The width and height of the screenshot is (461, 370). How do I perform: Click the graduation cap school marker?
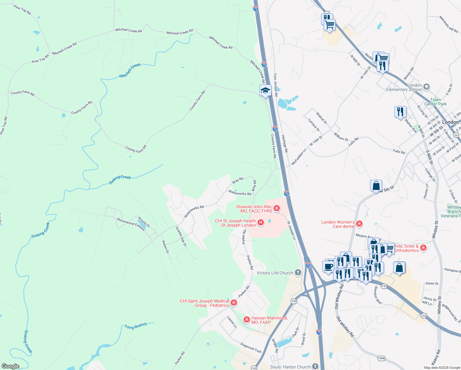tap(265, 91)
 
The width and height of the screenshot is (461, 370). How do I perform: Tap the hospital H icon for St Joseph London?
tap(261, 222)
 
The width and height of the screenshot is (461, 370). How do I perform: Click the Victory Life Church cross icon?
tap(298, 273)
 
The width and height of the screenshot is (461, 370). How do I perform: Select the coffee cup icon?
tap(328, 266)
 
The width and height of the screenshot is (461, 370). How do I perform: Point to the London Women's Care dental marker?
tap(359, 224)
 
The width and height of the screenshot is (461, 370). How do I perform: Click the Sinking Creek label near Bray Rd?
tap(120, 179)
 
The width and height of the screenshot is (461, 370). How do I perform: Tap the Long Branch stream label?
tap(136, 326)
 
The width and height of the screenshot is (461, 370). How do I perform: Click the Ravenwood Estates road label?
tap(131, 224)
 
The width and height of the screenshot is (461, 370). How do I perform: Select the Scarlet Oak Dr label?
tap(181, 236)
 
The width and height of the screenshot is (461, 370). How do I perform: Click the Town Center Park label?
tap(435, 102)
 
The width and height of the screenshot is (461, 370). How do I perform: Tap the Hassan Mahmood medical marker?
tap(247, 320)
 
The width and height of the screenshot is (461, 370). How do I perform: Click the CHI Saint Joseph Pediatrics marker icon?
tap(234, 303)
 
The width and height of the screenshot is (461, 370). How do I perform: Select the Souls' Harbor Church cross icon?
tap(315, 366)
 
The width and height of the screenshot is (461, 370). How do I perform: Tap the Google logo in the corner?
tap(10, 366)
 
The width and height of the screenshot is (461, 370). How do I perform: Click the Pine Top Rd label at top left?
tap(22, 10)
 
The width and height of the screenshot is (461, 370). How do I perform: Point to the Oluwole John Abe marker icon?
tap(277, 209)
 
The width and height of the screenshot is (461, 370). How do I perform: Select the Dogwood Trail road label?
tap(251, 348)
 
